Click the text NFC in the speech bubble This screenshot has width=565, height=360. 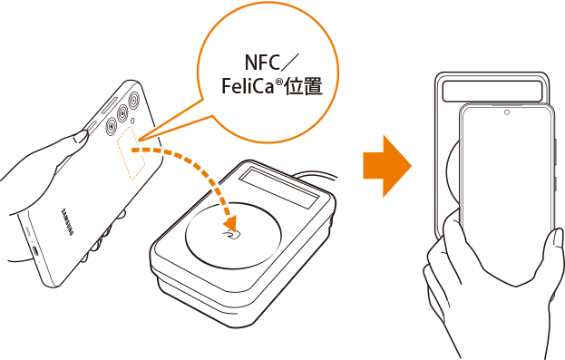pos(262,63)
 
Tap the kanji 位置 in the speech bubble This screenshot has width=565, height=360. pos(304,86)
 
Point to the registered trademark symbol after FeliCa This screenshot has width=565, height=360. pos(279,82)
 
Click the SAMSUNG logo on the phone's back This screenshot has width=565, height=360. pos(67,221)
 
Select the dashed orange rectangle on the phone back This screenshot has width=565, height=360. pos(131,152)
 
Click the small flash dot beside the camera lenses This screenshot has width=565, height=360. pos(132,121)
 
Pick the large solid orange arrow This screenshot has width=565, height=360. pos(387,166)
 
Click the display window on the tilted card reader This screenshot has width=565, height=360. pos(279,188)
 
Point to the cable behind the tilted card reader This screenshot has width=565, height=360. pos(316,175)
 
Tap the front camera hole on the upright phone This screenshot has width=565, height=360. pos(507,112)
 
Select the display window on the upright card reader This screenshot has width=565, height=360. pos(492,92)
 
